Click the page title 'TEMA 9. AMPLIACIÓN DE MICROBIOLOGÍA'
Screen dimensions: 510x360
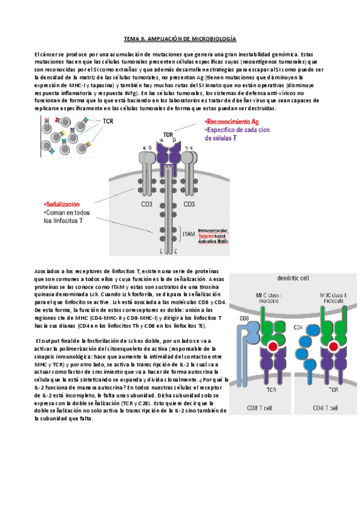coord(180,38)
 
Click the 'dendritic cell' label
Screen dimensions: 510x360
coord(293,278)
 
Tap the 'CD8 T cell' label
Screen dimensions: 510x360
coord(263,409)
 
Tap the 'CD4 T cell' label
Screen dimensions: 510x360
coord(324,409)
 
